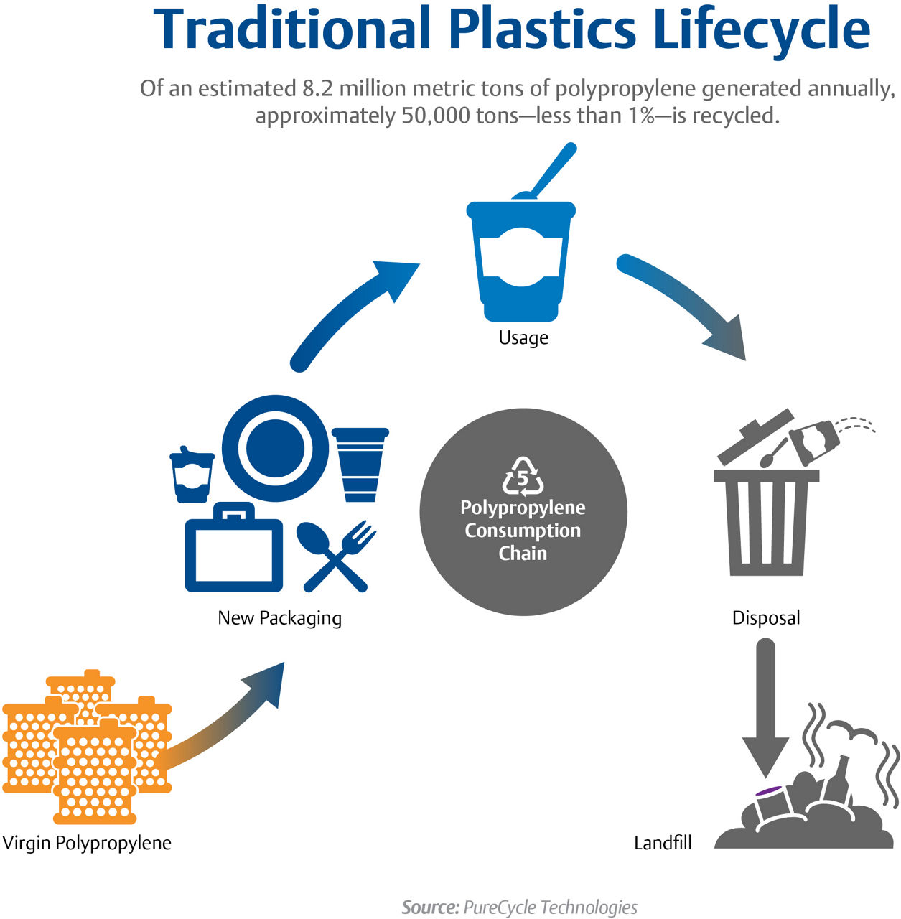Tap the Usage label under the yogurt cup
pos(523,337)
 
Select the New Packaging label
pos(279,617)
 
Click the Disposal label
pos(765,617)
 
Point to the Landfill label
pos(662,842)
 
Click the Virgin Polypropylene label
pos(87,842)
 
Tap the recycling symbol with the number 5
pos(523,477)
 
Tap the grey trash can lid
pos(755,436)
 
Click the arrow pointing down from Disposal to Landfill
pos(766,711)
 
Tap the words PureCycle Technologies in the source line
pos(550,907)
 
